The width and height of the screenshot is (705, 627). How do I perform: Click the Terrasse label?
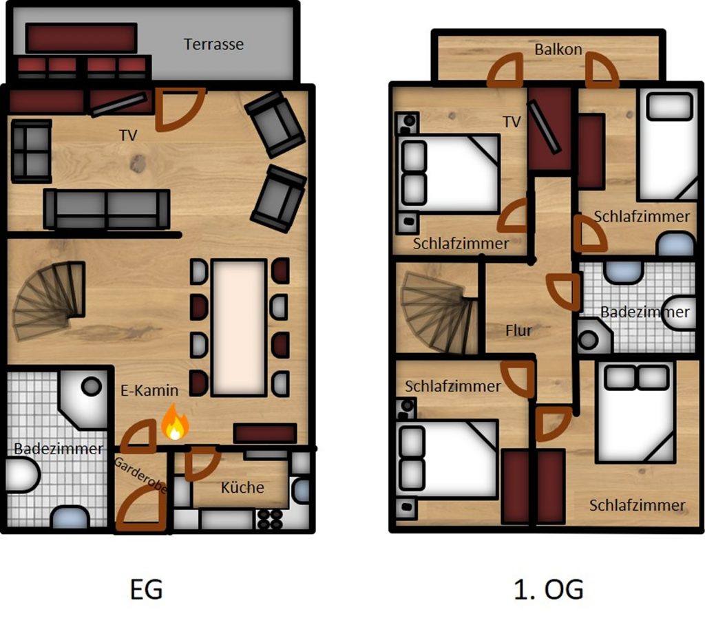click(213, 44)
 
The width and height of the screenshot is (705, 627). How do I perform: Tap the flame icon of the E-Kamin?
click(175, 422)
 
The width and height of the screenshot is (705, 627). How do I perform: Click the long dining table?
click(239, 328)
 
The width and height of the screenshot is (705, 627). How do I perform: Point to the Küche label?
click(242, 487)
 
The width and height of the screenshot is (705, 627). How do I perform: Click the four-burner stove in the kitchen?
click(270, 519)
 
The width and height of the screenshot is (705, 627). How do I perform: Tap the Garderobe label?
click(140, 475)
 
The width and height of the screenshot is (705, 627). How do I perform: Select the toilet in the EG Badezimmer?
click(23, 475)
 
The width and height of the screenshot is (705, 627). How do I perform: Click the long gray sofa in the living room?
click(107, 209)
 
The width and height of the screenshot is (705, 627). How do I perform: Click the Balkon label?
click(558, 49)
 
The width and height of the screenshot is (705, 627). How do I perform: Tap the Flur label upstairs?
click(518, 330)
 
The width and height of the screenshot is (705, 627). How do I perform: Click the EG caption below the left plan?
click(146, 589)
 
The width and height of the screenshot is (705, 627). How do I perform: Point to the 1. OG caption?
click(549, 589)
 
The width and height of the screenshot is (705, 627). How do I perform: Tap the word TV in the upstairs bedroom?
click(512, 121)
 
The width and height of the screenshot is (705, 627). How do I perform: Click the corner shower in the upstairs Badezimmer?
click(594, 335)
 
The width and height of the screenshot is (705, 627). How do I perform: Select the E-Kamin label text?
click(149, 390)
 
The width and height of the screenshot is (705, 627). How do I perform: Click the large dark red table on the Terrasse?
click(81, 39)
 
